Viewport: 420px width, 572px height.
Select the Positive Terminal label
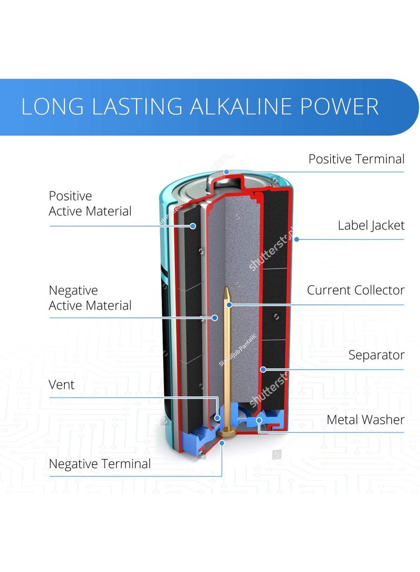pos(356,159)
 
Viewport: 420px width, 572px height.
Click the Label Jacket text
pos(371,225)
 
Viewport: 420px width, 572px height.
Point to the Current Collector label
pos(355,290)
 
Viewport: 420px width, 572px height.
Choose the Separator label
pos(376,355)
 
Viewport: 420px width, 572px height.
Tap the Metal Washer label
pos(365,419)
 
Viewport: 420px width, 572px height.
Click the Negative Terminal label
pos(100,463)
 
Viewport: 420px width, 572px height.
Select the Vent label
pos(62,385)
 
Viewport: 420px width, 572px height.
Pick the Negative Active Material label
pos(90,298)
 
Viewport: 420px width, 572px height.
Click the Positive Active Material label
pos(90,204)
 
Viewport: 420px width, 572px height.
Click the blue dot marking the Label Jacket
pos(297,239)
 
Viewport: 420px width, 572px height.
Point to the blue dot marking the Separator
pos(263,369)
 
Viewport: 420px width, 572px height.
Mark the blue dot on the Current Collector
pos(229,304)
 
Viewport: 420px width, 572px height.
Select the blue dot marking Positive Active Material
pos(193,226)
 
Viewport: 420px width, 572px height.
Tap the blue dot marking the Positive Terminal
pos(226,171)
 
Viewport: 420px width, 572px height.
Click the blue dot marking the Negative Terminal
pos(222,443)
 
